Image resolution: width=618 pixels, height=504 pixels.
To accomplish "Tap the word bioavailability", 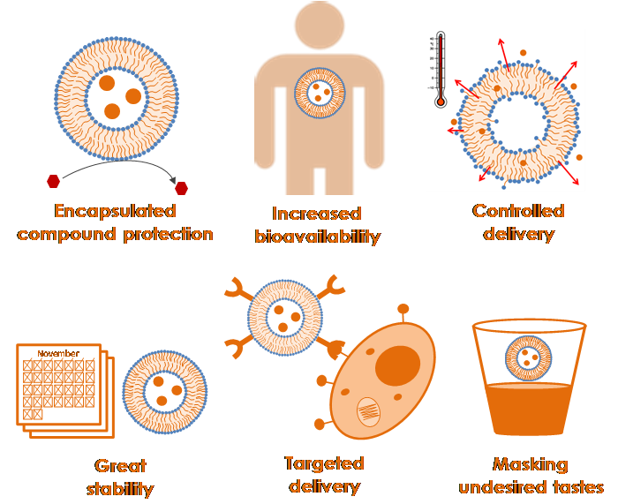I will point(317,237).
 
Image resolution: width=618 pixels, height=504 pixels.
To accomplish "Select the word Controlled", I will point(518,211).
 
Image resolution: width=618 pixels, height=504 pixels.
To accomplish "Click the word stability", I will point(120,488).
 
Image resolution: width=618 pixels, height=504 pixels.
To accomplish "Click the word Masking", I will point(530,464).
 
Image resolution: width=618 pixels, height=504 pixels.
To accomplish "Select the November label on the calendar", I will point(58,353).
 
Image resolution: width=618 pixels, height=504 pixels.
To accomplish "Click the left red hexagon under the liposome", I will point(54,181).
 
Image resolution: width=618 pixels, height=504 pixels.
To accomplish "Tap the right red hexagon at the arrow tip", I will point(182,187).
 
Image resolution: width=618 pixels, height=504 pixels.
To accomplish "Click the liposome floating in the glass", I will point(529,359).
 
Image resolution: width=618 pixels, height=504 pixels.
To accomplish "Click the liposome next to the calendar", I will point(164,391).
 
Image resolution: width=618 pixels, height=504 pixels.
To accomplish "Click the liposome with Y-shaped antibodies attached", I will point(285,316).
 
